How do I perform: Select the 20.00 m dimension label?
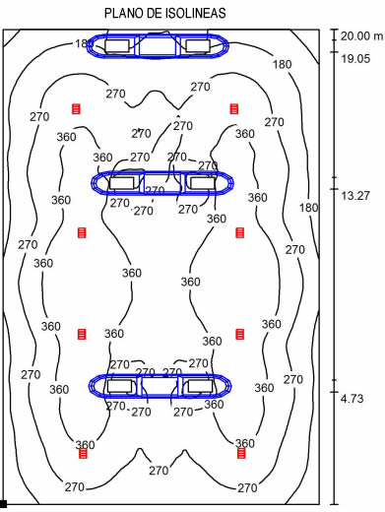pyautogui.click(x=361, y=35)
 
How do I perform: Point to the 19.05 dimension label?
pyautogui.click(x=355, y=59)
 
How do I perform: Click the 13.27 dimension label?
pyautogui.click(x=355, y=196)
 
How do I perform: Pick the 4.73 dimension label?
pyautogui.click(x=352, y=399)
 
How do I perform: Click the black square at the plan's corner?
pyautogui.click(x=3, y=504)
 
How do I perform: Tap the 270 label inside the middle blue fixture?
pyautogui.click(x=155, y=190)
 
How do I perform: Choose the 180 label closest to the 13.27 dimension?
pyautogui.click(x=308, y=208)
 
